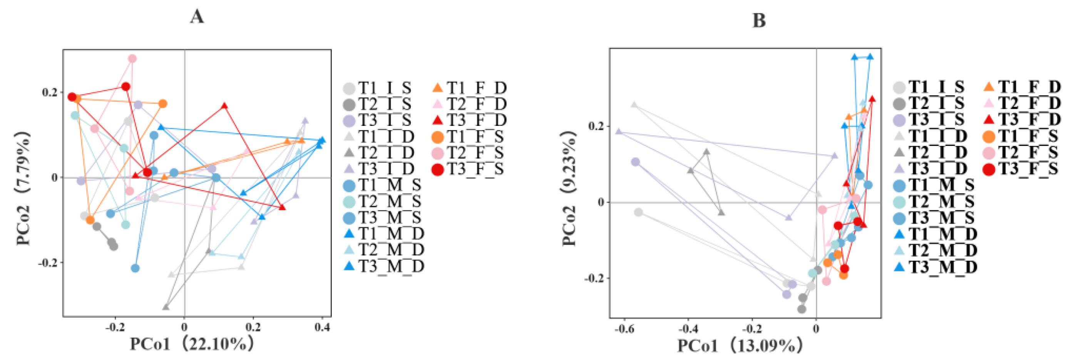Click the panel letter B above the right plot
tap(759, 20)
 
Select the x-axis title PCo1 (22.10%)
tap(192, 344)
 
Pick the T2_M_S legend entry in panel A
tap(383, 202)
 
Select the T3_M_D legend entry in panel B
tap(935, 267)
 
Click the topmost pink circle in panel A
tap(132, 59)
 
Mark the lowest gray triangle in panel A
tap(166, 307)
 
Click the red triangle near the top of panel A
tap(224, 105)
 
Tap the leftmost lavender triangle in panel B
tap(619, 131)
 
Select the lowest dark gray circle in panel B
tap(802, 309)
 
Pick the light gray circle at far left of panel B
tap(639, 213)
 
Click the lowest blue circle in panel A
tap(135, 268)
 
